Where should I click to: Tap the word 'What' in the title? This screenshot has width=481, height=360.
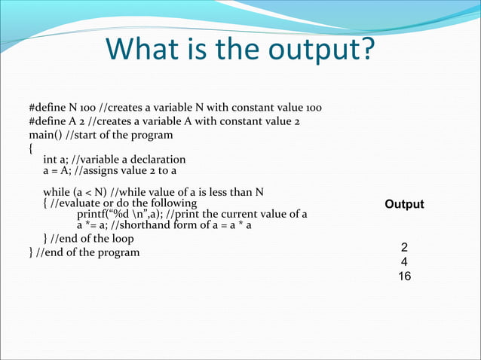tap(142, 50)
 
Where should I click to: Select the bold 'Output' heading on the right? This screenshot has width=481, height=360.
tap(404, 204)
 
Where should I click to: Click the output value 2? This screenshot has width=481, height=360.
tap(405, 248)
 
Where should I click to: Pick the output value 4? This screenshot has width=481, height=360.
tap(405, 262)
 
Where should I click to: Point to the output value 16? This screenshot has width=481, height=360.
tap(405, 276)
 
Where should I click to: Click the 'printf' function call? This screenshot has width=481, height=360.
tap(94, 214)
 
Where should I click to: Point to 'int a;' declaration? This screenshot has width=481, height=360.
tap(57, 160)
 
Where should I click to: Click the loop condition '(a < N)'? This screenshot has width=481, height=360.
tap(90, 191)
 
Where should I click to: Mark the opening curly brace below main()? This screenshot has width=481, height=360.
tap(30, 148)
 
